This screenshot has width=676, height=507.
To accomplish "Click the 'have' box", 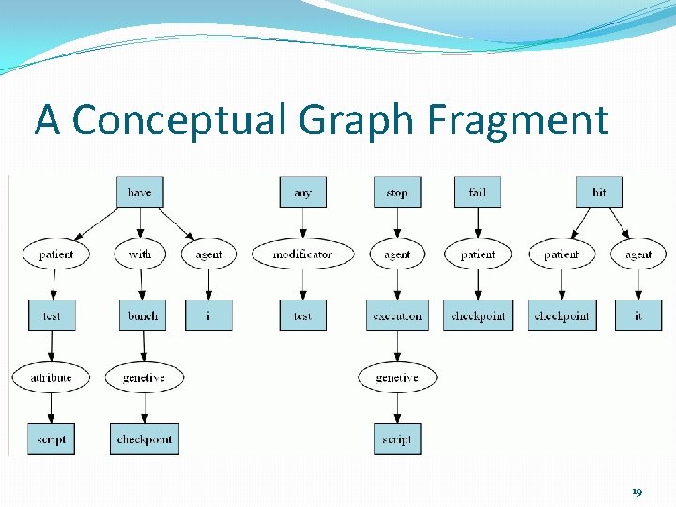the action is click(x=139, y=192).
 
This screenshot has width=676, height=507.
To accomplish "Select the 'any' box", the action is click(x=302, y=192).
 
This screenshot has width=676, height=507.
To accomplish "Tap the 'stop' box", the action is click(x=396, y=192).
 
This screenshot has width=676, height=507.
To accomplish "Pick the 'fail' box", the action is click(x=477, y=192).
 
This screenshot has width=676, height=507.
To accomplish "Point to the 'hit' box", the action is click(x=599, y=192).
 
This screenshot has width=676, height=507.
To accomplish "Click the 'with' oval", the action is click(x=140, y=254).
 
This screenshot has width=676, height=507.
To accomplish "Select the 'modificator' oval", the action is click(x=302, y=254).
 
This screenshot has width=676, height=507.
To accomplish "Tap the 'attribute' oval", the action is click(x=51, y=377).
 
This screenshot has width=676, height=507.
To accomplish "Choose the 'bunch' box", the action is click(x=143, y=315).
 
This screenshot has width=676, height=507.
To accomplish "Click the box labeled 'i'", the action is click(x=208, y=315).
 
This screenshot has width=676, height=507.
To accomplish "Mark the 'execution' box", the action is click(x=397, y=315).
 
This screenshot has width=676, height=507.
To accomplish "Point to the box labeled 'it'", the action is click(x=638, y=315).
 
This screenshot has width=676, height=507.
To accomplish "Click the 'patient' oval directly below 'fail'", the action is click(x=477, y=254).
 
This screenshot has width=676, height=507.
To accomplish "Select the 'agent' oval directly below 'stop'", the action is click(x=397, y=254).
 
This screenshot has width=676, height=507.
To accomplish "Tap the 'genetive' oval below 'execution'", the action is click(x=397, y=377).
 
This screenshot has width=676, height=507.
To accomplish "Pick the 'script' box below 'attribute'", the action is click(x=51, y=439).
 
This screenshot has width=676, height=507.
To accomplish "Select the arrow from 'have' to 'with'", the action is click(x=140, y=223).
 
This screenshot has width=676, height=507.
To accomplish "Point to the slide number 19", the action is click(x=637, y=491).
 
